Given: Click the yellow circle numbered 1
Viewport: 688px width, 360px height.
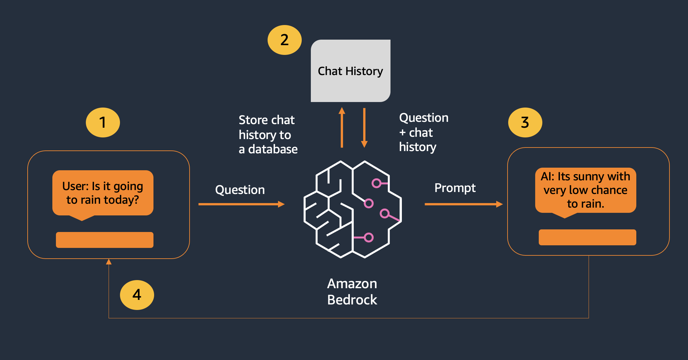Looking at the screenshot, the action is pyautogui.click(x=103, y=122).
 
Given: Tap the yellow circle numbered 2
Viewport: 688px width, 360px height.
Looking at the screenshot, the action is pyautogui.click(x=284, y=40).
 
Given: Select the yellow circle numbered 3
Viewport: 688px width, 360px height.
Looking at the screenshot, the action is pyautogui.click(x=525, y=122).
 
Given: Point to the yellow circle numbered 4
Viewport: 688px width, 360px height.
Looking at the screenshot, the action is pyautogui.click(x=137, y=295).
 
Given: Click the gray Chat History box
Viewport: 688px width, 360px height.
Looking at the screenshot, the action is pyautogui.click(x=351, y=71).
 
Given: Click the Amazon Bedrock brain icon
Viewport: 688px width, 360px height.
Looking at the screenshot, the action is pyautogui.click(x=352, y=209).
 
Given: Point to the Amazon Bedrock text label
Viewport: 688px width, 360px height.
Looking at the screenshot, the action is pyautogui.click(x=352, y=292).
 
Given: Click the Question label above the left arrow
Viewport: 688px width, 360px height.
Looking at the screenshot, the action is pyautogui.click(x=240, y=190).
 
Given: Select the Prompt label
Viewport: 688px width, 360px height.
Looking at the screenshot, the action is pyautogui.click(x=455, y=188).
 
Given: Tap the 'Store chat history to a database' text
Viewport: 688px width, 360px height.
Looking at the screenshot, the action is pyautogui.click(x=268, y=135).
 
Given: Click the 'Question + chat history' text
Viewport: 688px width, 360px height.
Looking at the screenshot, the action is pyautogui.click(x=424, y=132).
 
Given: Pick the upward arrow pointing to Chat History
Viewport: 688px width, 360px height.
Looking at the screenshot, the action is pyautogui.click(x=342, y=127).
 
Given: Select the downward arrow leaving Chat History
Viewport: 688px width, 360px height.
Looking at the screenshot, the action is pyautogui.click(x=364, y=128).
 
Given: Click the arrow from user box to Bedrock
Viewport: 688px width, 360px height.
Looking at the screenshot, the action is pyautogui.click(x=242, y=204).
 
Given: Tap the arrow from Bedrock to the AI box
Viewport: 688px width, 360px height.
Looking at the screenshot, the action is pyautogui.click(x=464, y=204).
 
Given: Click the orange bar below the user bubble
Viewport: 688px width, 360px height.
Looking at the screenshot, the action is pyautogui.click(x=105, y=240).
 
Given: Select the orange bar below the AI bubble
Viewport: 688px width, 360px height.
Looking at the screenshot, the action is pyautogui.click(x=588, y=237).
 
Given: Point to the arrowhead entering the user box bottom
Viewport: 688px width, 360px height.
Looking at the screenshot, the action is pyautogui.click(x=109, y=262).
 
